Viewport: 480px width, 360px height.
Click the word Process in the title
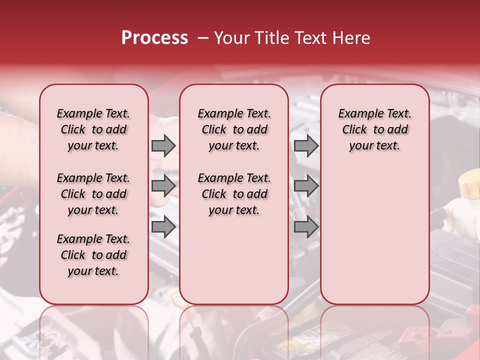tap(154, 38)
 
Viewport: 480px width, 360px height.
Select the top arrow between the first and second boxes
tap(163, 145)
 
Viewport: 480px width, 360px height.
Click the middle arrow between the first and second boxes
tap(163, 186)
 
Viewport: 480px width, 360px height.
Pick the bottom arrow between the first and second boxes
tap(163, 227)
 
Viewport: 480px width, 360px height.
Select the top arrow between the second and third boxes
tap(306, 145)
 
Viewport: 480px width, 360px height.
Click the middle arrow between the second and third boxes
tap(306, 186)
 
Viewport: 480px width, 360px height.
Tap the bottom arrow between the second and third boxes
tap(306, 227)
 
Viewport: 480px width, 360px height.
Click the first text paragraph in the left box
tap(93, 129)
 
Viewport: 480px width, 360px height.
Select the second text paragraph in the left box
tap(93, 194)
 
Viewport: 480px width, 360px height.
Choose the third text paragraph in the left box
tap(93, 255)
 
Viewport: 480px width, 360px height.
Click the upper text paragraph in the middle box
tap(234, 129)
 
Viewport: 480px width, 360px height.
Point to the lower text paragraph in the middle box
tap(234, 194)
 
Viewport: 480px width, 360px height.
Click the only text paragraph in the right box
tap(375, 129)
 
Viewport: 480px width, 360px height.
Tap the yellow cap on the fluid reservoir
tap(470, 184)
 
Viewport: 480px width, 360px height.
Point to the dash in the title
tap(203, 38)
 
